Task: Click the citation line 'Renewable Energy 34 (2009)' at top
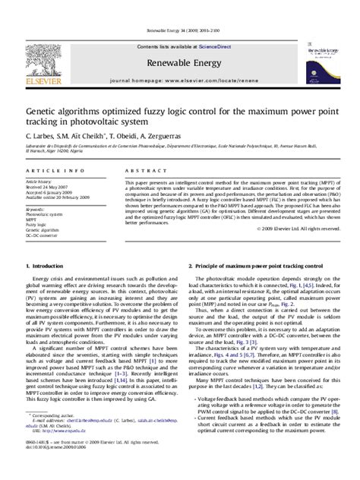(x=179, y=30)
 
